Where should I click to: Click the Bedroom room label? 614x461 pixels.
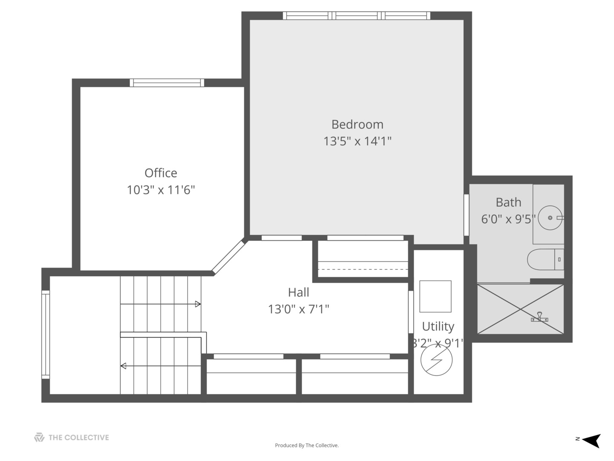pos(357,124)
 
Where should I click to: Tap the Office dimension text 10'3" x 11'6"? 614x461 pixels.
pos(161,190)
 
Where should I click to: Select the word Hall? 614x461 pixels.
pos(298,292)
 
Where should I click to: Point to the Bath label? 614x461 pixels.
pos(508,202)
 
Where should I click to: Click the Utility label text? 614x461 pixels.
pos(438,326)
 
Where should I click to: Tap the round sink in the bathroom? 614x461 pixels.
pos(550,218)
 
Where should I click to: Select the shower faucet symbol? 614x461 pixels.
pos(540,317)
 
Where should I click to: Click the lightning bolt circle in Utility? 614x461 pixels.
pos(436,360)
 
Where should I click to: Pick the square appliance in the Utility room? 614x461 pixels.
pos(435,296)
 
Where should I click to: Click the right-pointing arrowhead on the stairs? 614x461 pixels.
pos(198,304)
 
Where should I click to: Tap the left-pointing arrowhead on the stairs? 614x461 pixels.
pos(123,366)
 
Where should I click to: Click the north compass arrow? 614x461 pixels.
pos(591,440)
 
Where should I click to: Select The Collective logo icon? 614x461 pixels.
pos(39,437)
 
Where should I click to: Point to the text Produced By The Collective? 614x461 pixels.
pos(307,445)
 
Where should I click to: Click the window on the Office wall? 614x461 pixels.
pos(167,83)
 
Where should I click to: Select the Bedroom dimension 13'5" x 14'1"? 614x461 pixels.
pos(357,141)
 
